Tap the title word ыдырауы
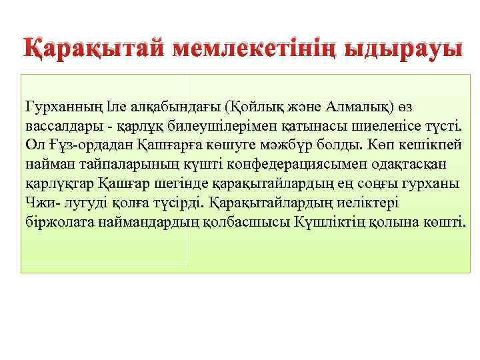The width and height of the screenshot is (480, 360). pos(407,49)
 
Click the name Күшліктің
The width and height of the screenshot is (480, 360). pos(326,220)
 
